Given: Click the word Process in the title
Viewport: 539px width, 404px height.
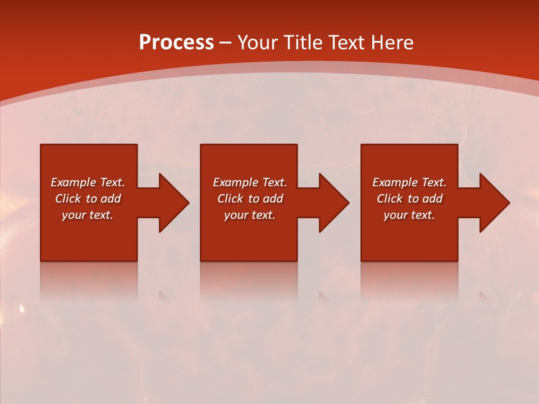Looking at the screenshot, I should tap(176, 43).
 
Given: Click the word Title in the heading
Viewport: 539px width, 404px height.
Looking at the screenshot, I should tap(301, 43).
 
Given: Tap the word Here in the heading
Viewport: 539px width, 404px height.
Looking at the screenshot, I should tap(391, 43).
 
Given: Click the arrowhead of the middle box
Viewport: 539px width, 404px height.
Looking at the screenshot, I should tap(334, 203).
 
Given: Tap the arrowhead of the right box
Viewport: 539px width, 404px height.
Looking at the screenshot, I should tap(494, 203).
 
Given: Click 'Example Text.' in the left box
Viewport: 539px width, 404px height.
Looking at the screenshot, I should tap(88, 182).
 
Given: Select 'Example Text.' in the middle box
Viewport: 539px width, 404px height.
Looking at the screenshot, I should tap(250, 182).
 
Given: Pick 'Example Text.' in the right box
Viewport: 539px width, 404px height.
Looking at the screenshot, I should tap(409, 182).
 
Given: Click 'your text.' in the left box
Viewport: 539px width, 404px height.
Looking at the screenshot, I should tap(88, 215).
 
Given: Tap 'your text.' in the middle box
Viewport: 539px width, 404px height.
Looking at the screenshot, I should tap(250, 215).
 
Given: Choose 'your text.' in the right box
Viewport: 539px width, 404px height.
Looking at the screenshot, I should tap(409, 215).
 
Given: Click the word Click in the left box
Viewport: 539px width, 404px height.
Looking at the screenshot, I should tap(68, 199).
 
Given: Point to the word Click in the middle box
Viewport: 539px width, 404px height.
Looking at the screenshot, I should tap(230, 199).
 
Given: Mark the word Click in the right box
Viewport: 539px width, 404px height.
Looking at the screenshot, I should tap(390, 199).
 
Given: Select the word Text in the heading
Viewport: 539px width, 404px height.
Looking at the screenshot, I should tap(345, 43).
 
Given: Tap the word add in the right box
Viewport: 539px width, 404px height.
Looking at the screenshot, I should tap(432, 199).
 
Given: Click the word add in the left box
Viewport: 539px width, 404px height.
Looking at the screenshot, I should tap(111, 199).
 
